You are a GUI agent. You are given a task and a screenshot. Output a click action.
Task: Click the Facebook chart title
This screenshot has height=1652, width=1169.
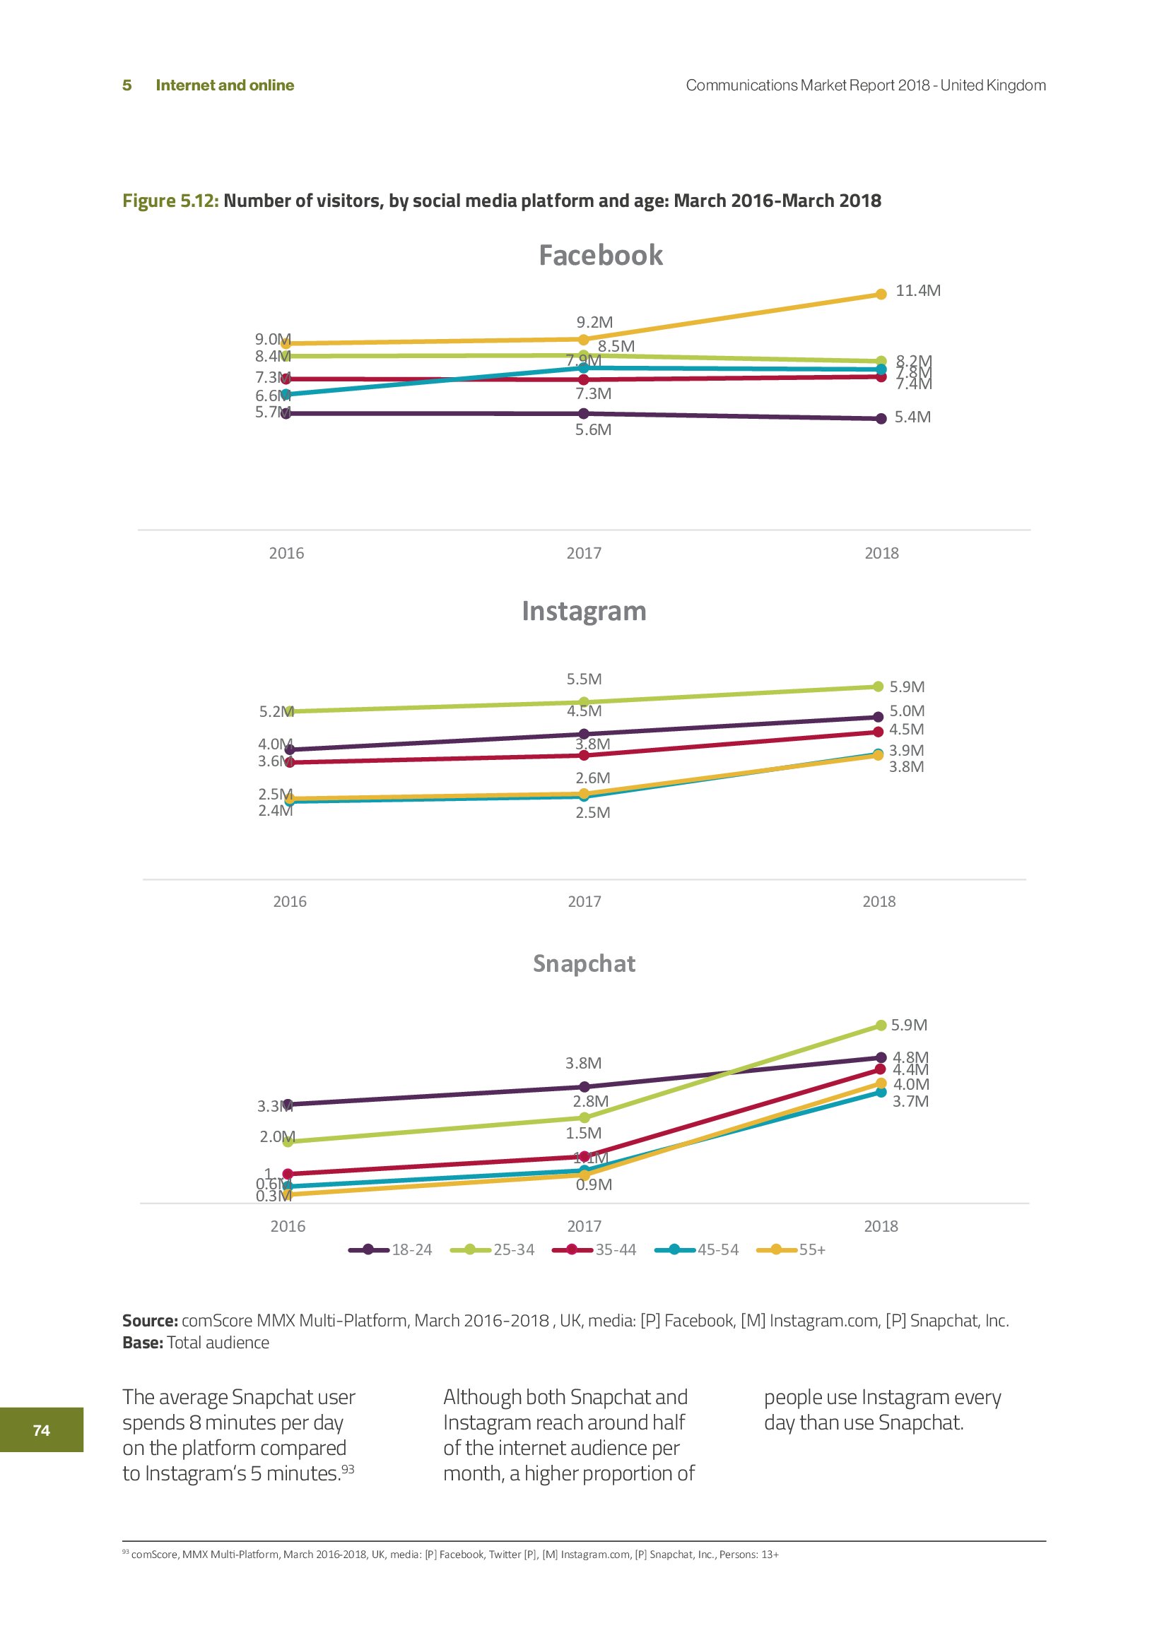(x=600, y=256)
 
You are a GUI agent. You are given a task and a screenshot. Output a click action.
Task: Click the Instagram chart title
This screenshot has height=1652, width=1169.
(x=584, y=611)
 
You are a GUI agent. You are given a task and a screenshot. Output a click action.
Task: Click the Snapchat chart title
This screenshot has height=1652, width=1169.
(x=584, y=963)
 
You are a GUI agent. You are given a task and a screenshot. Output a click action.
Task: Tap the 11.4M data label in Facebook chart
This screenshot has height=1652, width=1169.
(x=918, y=291)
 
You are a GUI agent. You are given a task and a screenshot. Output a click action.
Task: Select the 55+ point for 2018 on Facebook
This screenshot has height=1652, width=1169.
(x=881, y=295)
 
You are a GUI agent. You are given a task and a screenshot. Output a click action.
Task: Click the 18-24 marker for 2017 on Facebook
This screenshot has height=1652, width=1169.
(x=584, y=414)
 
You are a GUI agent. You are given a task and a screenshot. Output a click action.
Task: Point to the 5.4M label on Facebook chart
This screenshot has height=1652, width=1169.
(x=912, y=417)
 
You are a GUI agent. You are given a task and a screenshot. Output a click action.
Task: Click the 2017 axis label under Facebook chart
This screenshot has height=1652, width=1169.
(x=584, y=553)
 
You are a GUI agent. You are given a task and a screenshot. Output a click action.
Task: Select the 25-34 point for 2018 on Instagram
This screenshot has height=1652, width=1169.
(x=879, y=687)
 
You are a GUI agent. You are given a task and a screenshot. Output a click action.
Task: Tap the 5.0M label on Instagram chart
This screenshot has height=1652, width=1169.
(x=907, y=711)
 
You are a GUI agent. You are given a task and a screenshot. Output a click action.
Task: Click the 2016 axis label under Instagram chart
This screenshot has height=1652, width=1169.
(x=289, y=901)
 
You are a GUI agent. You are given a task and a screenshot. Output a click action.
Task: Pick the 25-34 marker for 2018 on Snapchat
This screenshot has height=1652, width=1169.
(x=881, y=1026)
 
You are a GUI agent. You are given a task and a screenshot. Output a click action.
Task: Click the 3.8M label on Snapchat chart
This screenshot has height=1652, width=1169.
(x=583, y=1064)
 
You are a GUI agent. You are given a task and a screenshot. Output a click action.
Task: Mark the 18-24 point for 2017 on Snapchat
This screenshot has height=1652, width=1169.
(x=584, y=1086)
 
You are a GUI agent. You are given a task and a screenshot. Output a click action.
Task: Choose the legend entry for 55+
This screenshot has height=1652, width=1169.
(x=792, y=1250)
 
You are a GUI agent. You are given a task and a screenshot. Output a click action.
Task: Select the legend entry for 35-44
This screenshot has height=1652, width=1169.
(x=594, y=1250)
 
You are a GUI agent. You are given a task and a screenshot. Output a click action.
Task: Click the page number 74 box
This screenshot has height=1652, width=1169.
(x=42, y=1430)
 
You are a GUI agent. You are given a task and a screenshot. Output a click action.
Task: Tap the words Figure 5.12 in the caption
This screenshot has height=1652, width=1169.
(x=170, y=201)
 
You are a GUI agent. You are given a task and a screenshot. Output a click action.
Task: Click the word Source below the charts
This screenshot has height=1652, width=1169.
(x=150, y=1320)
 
